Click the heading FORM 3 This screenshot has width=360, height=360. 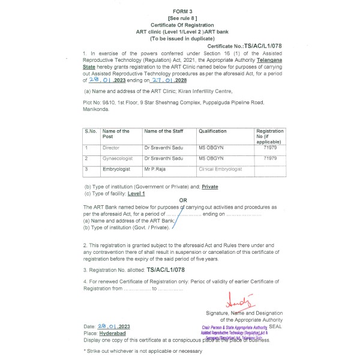pos(182,11)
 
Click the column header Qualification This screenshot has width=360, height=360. pos(213,131)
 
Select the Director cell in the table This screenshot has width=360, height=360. pos(111,147)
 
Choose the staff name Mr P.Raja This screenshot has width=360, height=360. pos(155,170)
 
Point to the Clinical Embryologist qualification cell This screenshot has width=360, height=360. pos(220,170)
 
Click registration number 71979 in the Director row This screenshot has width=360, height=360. pos(269,147)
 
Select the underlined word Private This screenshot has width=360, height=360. pos(210,187)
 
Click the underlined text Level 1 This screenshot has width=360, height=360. pos(137,193)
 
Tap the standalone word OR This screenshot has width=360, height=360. pos(183,200)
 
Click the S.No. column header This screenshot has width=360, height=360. pos(91,131)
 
